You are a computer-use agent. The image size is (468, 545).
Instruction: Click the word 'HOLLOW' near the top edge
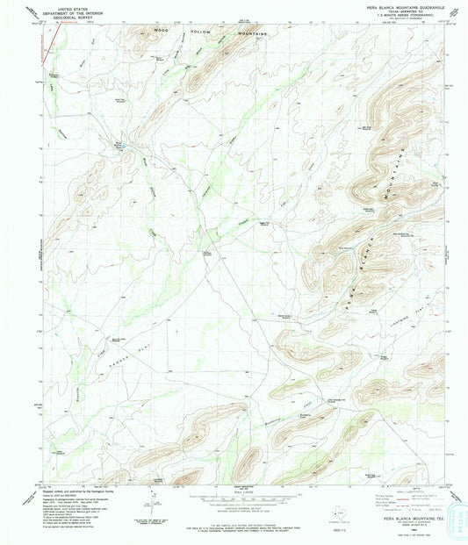(x=201, y=31)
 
